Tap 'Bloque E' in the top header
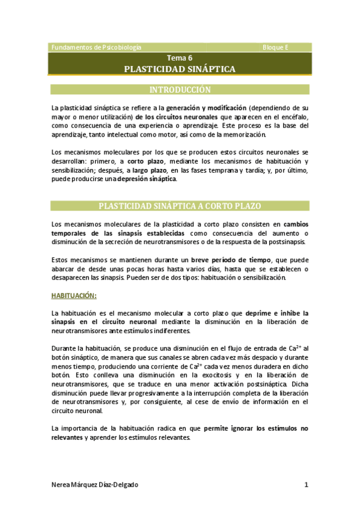(276, 47)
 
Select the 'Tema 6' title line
(180, 58)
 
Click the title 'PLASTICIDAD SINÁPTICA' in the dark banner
(180, 69)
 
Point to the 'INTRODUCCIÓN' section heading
(180, 90)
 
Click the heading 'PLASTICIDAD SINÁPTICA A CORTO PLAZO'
(180, 206)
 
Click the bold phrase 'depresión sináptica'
(147, 180)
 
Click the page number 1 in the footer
(306, 485)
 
